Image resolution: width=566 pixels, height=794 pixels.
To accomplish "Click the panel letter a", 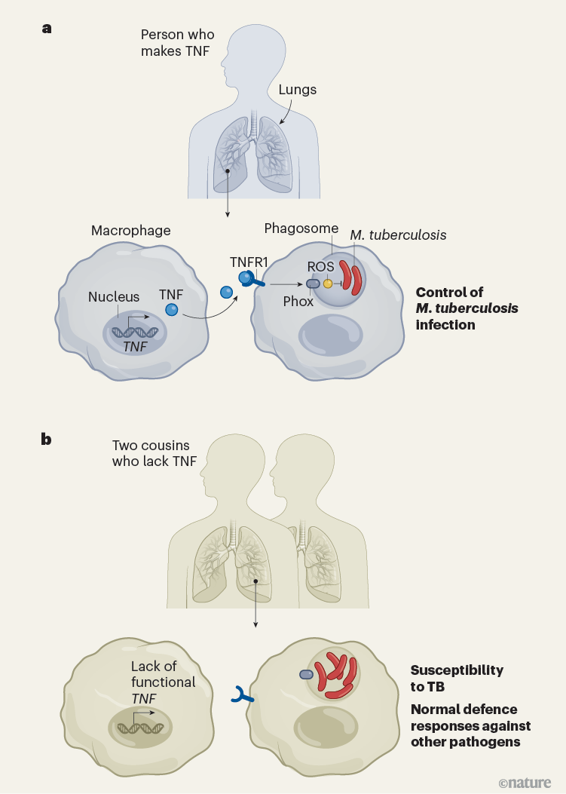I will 47,29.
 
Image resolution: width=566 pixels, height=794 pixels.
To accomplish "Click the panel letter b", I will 47,438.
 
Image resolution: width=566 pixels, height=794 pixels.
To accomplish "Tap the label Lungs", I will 297,90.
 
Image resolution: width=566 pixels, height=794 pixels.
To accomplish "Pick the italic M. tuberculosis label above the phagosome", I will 398,235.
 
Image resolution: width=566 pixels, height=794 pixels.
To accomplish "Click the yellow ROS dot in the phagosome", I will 328,284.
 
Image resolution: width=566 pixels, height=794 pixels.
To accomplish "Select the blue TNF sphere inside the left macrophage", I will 172,310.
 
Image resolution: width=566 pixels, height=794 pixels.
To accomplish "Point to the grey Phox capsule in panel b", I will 307,675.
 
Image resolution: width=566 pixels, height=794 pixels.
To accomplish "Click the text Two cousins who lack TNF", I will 151,454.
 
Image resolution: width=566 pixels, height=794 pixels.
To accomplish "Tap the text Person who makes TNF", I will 177,43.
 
